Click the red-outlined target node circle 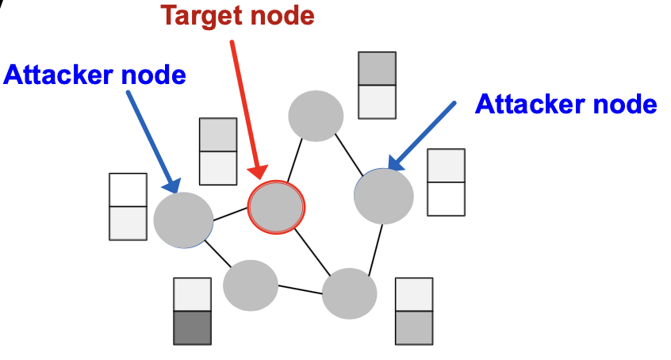tap(276, 207)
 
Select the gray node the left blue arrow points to tap(183, 220)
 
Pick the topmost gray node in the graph tap(315, 116)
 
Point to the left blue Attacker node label tap(94, 75)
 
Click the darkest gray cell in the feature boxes tap(192, 327)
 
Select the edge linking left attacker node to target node tap(230, 213)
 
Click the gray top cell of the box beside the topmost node tap(377, 68)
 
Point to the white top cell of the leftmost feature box tap(128, 190)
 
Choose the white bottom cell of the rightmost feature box tap(446, 198)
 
